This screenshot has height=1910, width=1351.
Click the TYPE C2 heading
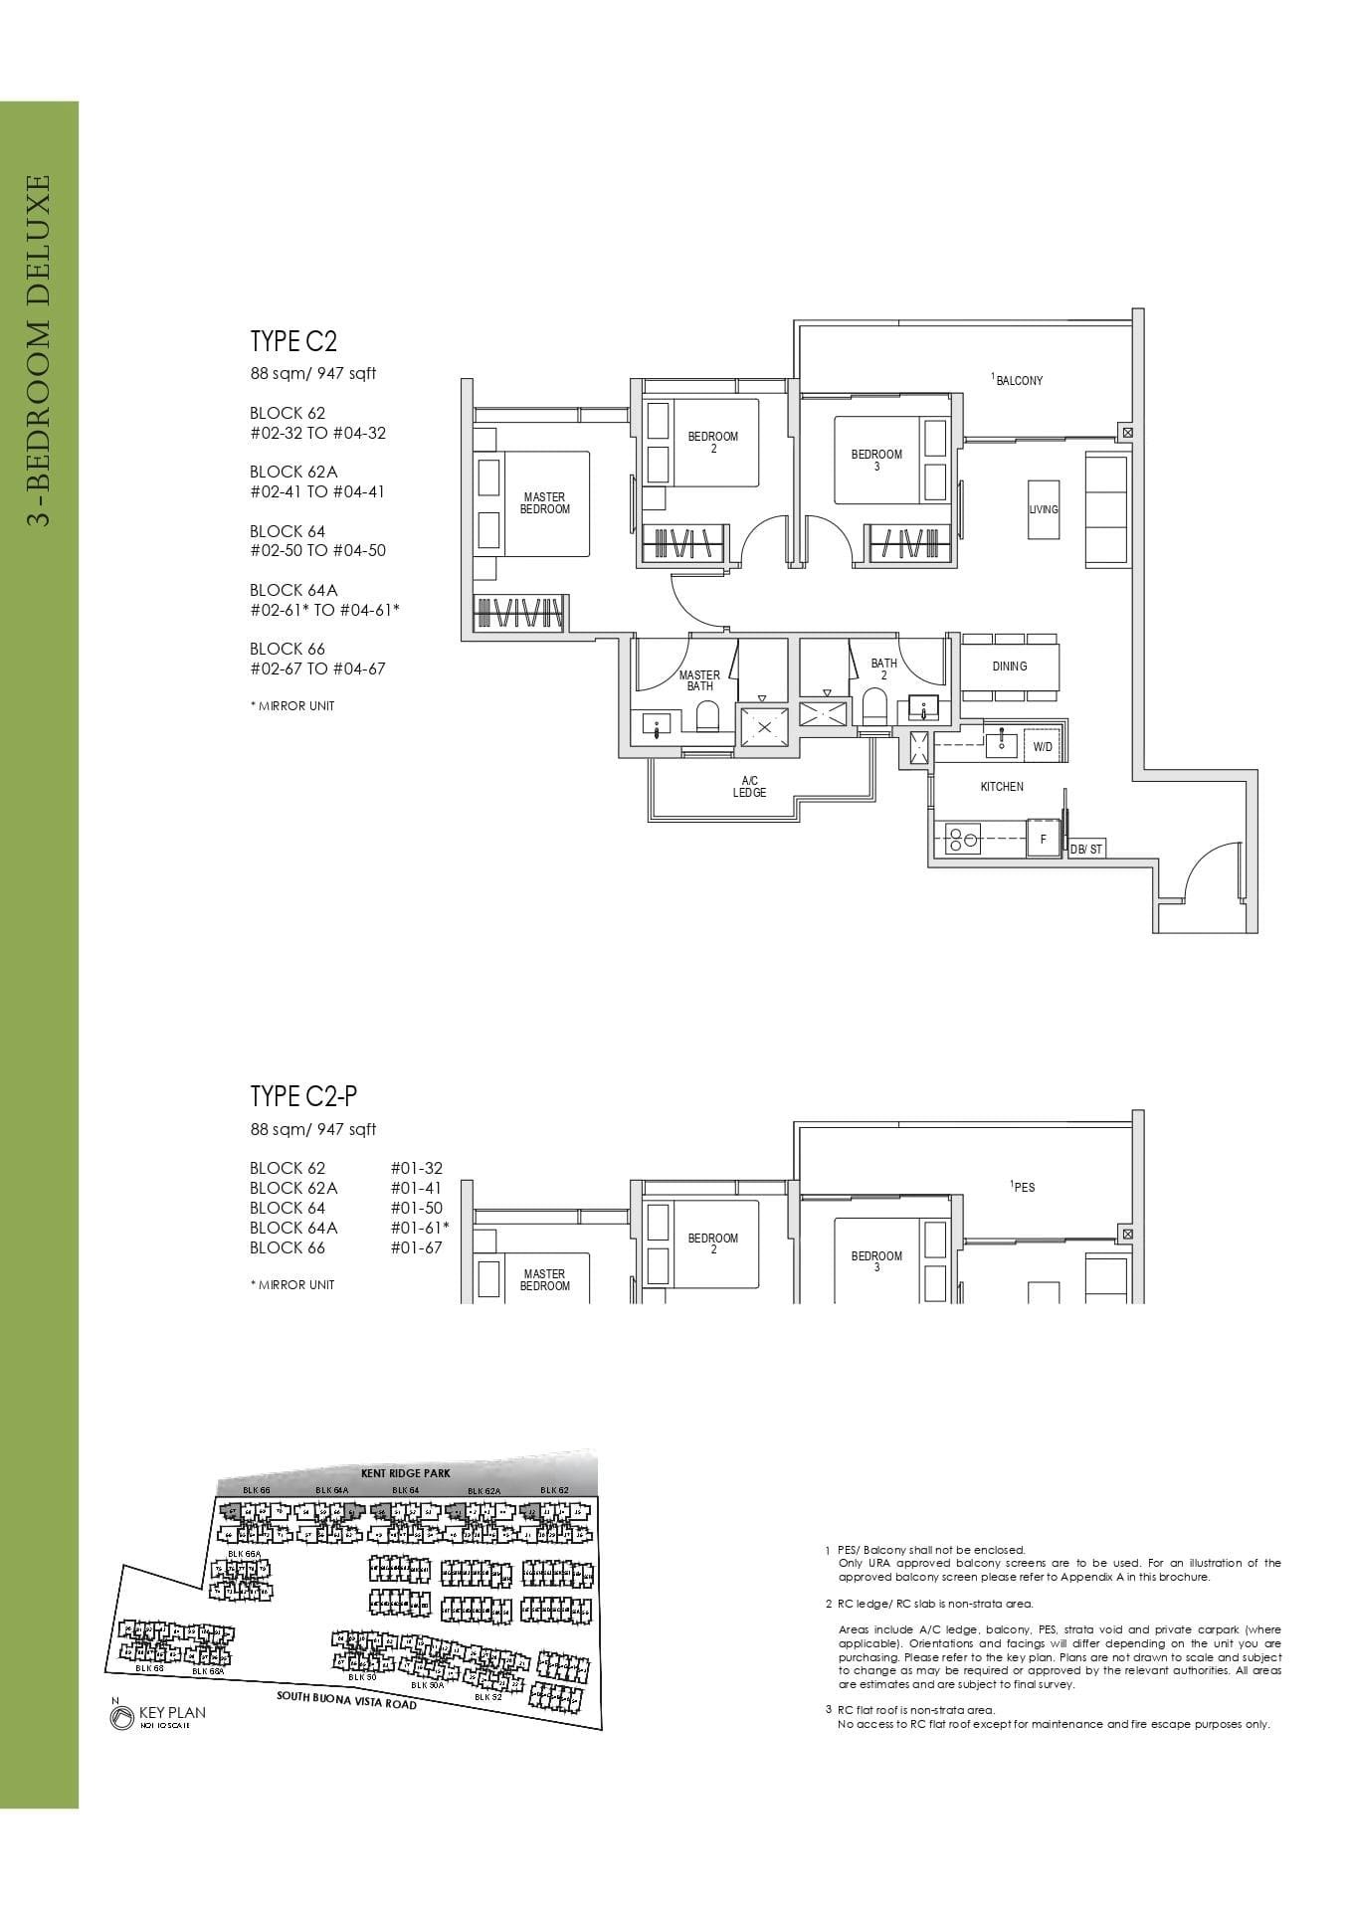293,341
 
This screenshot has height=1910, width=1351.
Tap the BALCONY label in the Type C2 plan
1018,380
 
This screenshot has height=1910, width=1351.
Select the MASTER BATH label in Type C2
699,680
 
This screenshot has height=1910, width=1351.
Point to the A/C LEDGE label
749,787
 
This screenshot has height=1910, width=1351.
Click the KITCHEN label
1001,787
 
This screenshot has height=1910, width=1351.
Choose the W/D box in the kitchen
1043,746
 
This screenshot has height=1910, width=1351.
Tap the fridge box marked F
1043,840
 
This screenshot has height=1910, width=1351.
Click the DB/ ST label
1086,850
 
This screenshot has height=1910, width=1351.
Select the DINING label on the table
1009,667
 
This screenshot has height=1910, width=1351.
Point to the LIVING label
1044,509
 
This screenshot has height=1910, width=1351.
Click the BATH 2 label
883,669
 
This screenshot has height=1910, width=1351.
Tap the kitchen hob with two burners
961,840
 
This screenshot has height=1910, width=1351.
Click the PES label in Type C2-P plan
1023,1187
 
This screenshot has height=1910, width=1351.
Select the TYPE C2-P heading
303,1096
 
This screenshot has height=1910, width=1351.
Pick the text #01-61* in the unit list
420,1228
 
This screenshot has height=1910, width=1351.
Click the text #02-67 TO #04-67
317,668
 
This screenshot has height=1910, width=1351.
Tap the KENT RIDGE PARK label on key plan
406,1472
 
